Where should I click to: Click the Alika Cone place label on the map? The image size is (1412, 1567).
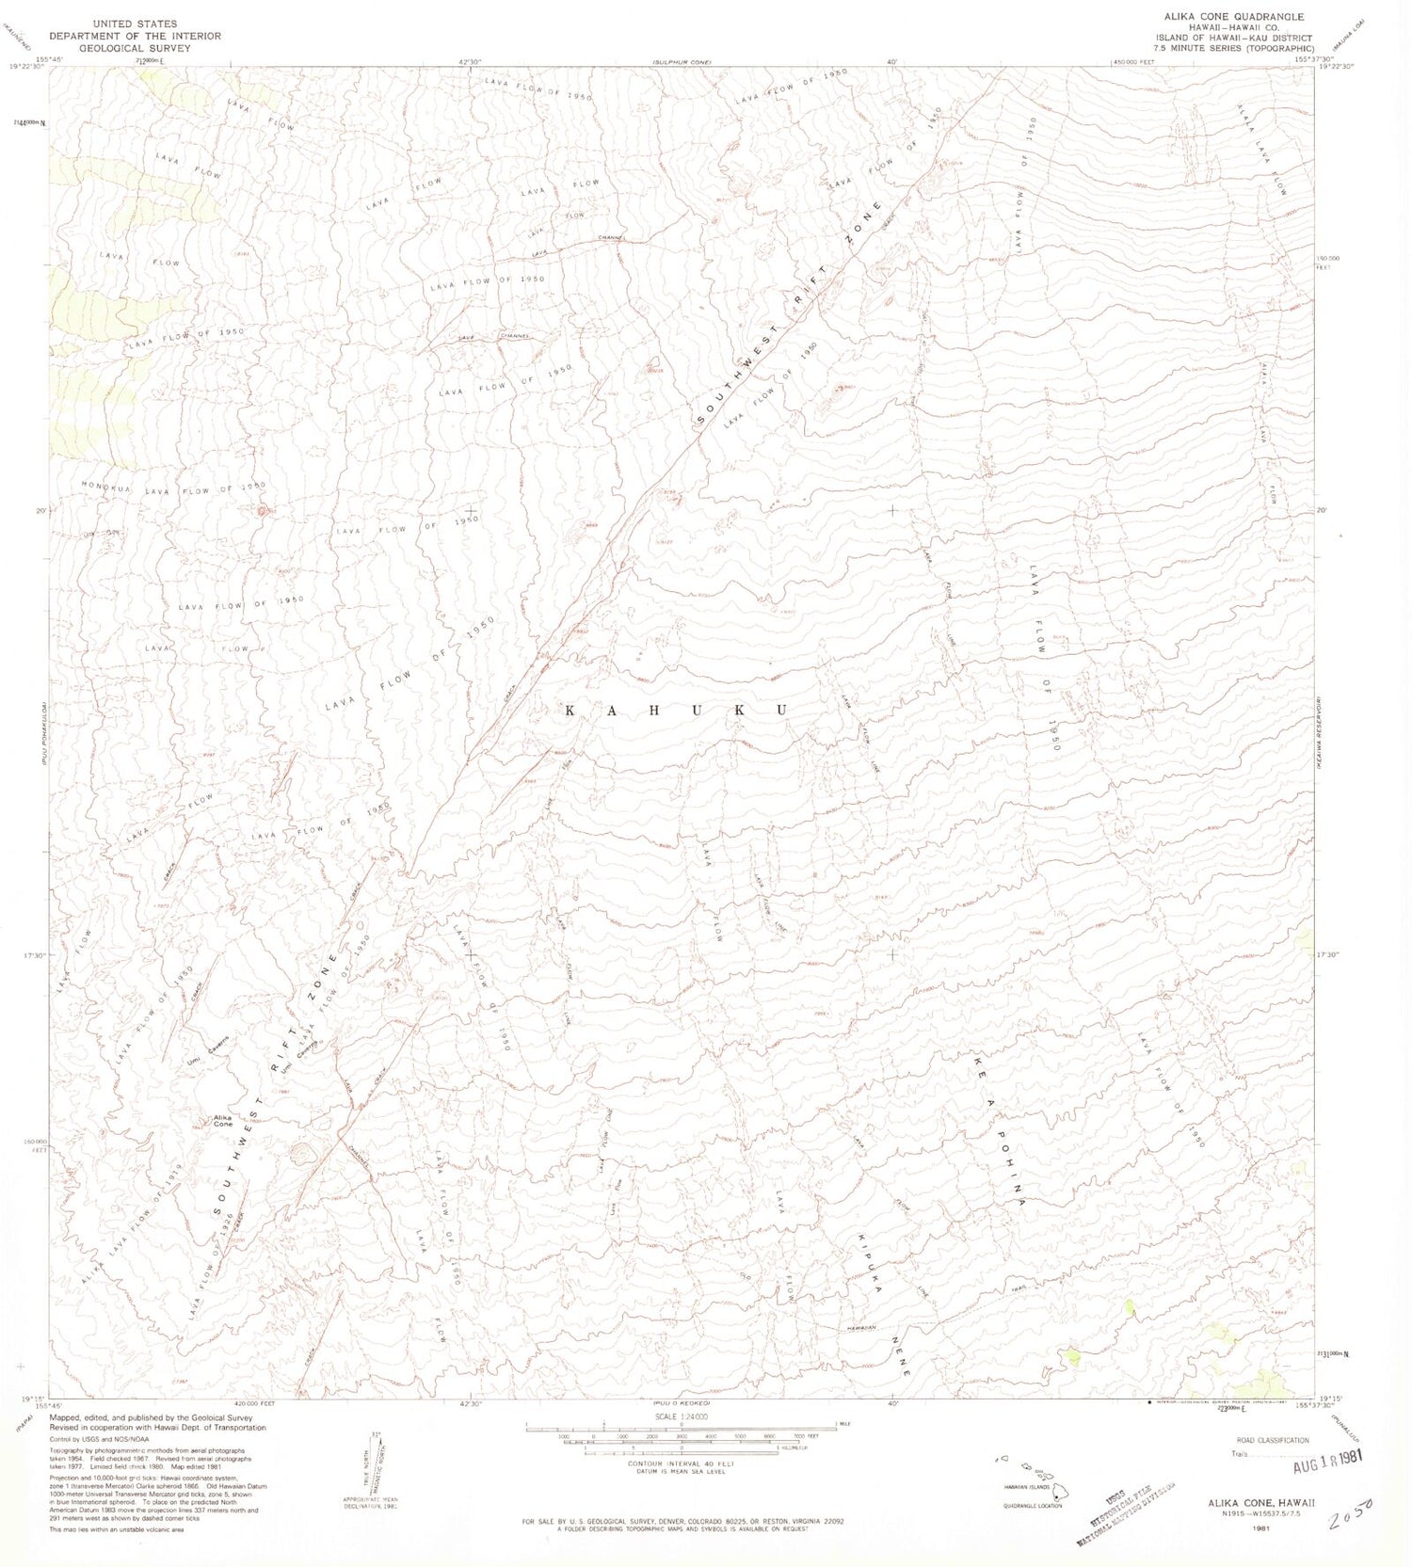[222, 1121]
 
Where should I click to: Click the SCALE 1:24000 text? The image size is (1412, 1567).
[680, 1415]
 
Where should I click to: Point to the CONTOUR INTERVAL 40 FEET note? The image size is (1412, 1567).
[681, 1464]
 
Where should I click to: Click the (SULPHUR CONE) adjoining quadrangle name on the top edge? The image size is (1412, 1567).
[681, 62]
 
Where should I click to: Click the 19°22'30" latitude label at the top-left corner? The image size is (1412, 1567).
[25, 67]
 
